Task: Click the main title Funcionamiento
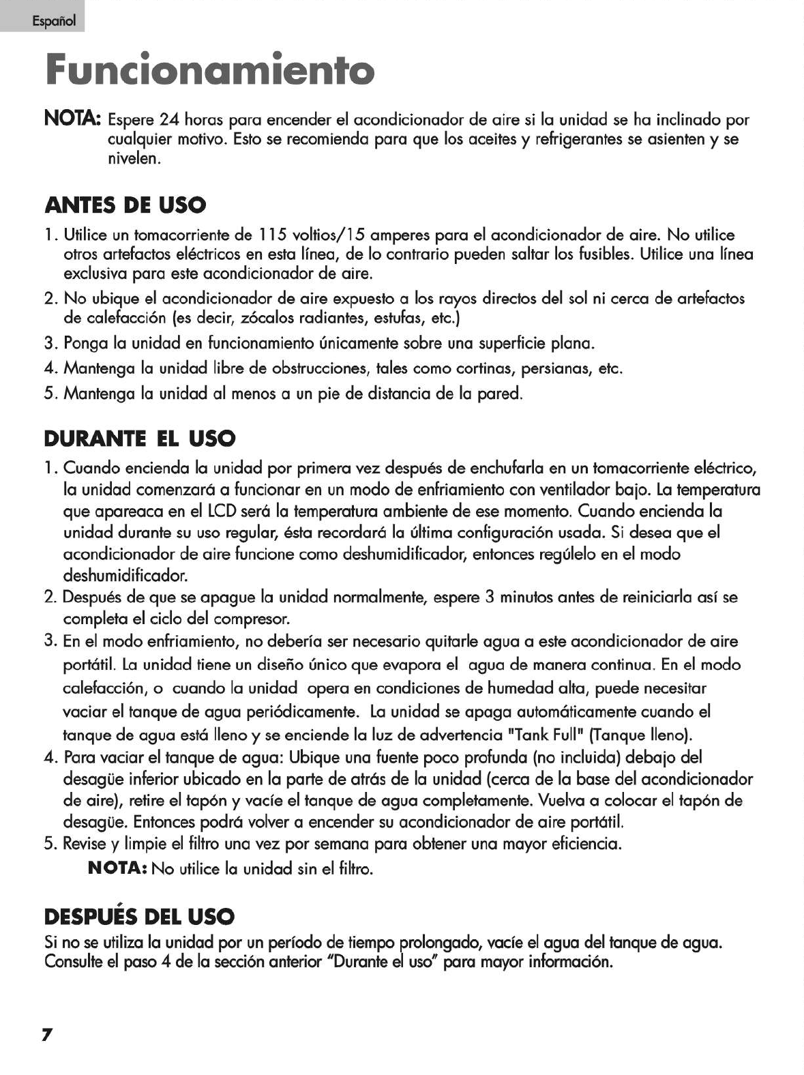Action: (209, 70)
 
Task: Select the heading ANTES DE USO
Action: (125, 205)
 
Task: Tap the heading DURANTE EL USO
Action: (140, 438)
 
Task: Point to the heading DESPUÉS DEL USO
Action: (139, 915)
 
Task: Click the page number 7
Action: (47, 1035)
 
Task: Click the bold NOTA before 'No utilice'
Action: (118, 870)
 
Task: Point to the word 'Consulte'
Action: (73, 963)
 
